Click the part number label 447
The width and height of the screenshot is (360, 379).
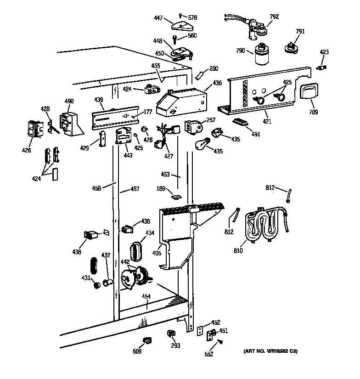[x=158, y=18]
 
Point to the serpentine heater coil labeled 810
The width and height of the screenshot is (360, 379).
[x=264, y=225]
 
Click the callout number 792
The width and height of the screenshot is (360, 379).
[x=274, y=17]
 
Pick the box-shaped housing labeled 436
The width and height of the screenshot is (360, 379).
[x=181, y=102]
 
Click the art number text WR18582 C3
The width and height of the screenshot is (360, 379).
[x=270, y=351]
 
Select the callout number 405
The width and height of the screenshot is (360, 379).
[x=157, y=253]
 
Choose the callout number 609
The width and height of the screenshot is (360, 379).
[x=137, y=351]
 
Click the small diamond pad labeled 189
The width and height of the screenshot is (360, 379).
[x=175, y=197]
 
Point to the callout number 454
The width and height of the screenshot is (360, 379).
[x=146, y=296]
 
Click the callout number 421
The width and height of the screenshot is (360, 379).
[x=267, y=121]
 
